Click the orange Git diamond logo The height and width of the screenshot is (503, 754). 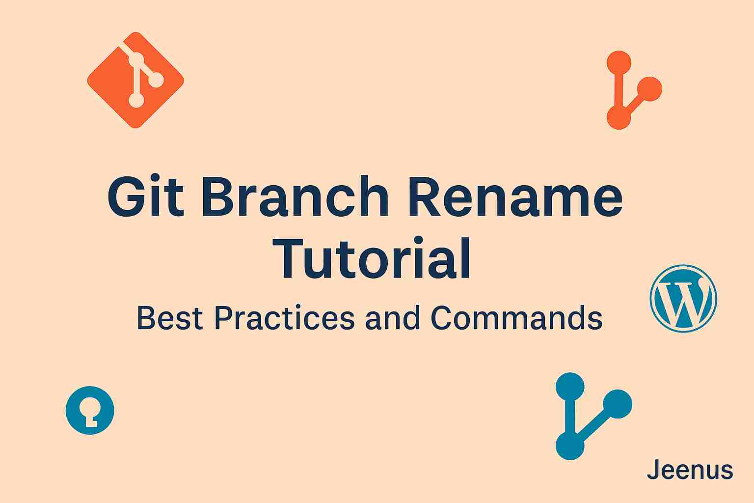pyautogui.click(x=135, y=80)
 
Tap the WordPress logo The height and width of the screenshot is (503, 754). pyautogui.click(x=683, y=299)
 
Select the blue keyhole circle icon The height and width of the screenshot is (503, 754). pyautogui.click(x=90, y=410)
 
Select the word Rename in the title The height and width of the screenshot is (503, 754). pyautogui.click(x=515, y=196)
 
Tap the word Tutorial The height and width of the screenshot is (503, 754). pyautogui.click(x=371, y=258)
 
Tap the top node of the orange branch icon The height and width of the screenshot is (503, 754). pyautogui.click(x=619, y=63)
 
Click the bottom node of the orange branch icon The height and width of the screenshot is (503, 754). pyautogui.click(x=619, y=117)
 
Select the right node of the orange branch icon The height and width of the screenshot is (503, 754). pyautogui.click(x=649, y=89)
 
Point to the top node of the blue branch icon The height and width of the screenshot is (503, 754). pyautogui.click(x=570, y=387)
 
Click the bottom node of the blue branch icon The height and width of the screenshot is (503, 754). pyautogui.click(x=570, y=446)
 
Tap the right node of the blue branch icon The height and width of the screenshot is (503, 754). pyautogui.click(x=618, y=404)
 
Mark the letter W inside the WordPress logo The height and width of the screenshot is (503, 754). pyautogui.click(x=684, y=299)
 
